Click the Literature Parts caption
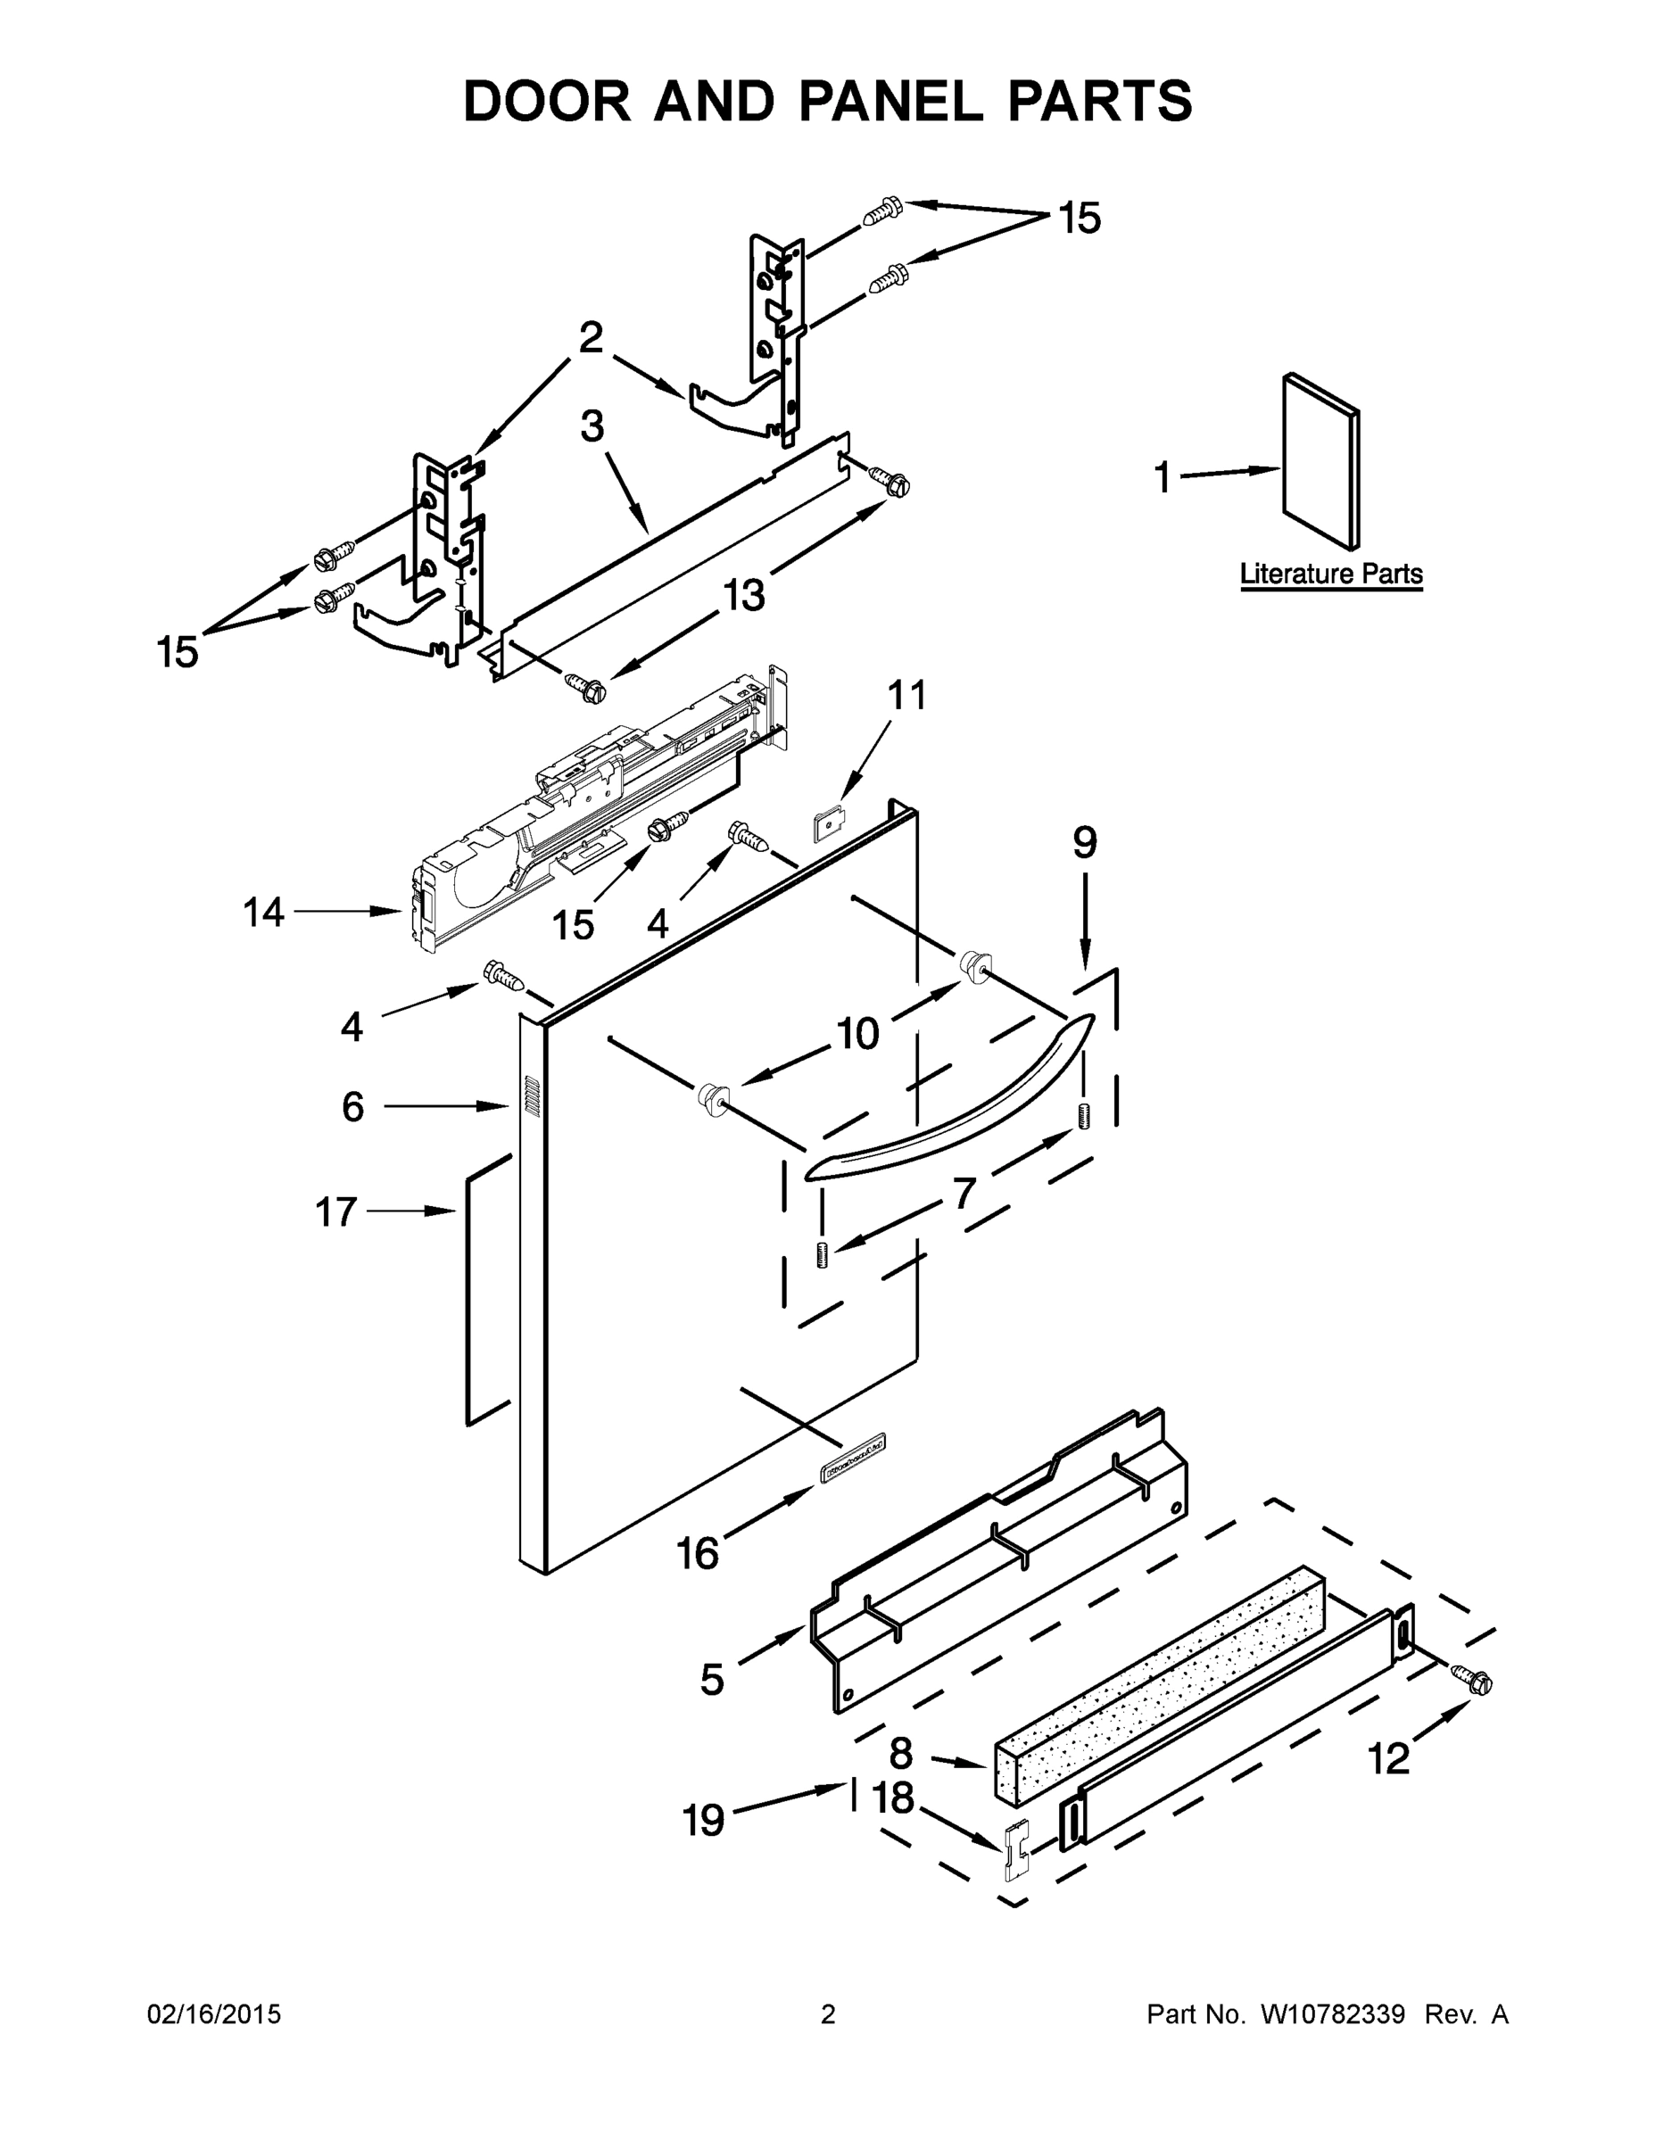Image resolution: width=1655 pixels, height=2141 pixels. click(x=1330, y=574)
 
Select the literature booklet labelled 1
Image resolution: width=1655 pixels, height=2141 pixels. click(x=1320, y=460)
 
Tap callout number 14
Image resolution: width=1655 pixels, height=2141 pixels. click(x=263, y=913)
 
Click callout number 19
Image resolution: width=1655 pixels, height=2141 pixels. click(x=703, y=1820)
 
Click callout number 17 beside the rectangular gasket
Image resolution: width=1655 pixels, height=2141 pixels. click(x=335, y=1212)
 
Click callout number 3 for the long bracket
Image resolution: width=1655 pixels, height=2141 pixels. click(x=592, y=426)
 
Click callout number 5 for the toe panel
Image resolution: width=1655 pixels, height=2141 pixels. click(x=712, y=1679)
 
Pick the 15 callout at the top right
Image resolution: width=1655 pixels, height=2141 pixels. click(x=1079, y=218)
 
